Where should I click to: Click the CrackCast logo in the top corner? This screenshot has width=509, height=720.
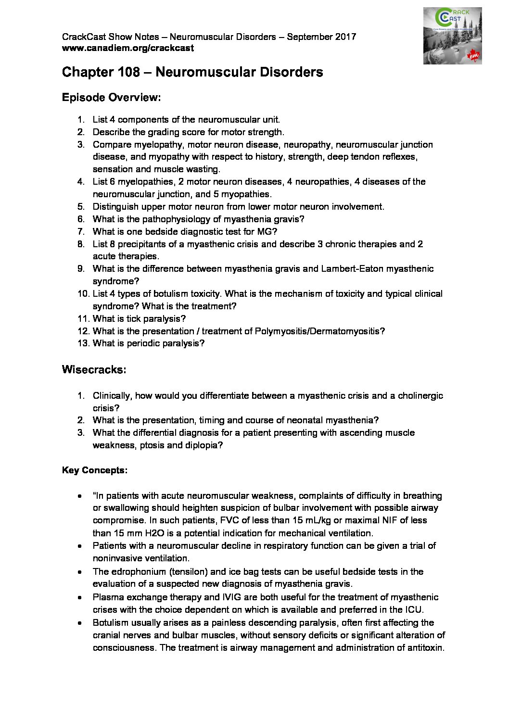pyautogui.click(x=452, y=36)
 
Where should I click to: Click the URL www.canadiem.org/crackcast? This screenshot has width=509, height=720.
pyautogui.click(x=128, y=48)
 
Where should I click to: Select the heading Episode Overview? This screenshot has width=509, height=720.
pyautogui.click(x=111, y=98)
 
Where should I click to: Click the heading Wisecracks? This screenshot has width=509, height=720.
pyautogui.click(x=94, y=370)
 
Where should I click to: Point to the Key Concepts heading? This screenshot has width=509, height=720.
pyautogui.click(x=95, y=470)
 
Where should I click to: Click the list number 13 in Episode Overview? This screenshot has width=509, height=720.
pyautogui.click(x=83, y=343)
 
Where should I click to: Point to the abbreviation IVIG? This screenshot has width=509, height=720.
pyautogui.click(x=264, y=597)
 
